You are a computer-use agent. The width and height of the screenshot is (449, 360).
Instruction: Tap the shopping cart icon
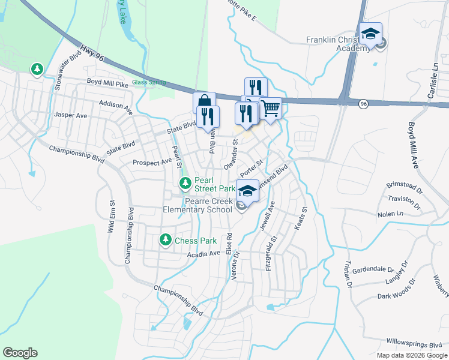click(x=271, y=108)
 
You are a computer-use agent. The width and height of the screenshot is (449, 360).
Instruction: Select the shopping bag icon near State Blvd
click(x=204, y=101)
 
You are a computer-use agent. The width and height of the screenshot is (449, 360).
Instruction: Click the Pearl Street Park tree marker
click(x=185, y=182)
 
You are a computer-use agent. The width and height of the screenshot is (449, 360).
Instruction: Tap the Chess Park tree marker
click(x=166, y=240)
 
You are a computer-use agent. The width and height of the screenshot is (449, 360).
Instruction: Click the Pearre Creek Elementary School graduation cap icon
click(x=247, y=190)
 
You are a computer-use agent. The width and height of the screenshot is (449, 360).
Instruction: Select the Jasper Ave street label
click(x=71, y=114)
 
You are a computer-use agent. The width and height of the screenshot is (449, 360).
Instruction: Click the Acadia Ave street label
click(x=203, y=254)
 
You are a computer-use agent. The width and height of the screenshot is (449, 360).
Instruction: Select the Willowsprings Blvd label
click(x=414, y=345)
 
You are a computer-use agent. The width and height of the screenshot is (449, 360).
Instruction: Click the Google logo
click(x=20, y=353)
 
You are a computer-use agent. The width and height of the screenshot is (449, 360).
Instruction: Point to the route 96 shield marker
click(x=364, y=104)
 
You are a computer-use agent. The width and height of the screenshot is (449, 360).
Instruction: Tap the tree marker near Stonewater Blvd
click(x=37, y=70)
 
